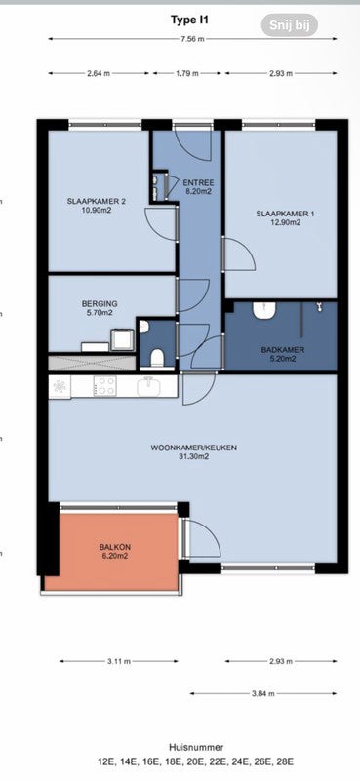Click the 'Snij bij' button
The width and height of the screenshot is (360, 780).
[x=290, y=25]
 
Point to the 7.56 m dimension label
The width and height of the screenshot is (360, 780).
[x=192, y=39]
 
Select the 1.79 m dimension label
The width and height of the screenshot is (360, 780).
[x=186, y=74]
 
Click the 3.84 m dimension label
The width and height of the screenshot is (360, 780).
[x=262, y=693]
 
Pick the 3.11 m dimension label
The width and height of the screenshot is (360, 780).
[x=118, y=662]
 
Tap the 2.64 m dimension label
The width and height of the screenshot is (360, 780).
[x=99, y=74]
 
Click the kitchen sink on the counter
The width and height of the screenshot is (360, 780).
[x=148, y=385]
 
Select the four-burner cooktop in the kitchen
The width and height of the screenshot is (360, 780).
[x=105, y=385]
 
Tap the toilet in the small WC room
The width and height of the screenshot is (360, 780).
[x=157, y=359]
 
